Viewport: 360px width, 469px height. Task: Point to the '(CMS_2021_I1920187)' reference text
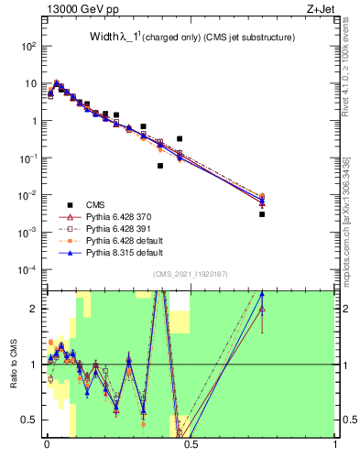[x=191, y=273]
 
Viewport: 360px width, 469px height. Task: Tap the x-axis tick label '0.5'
[x=191, y=446]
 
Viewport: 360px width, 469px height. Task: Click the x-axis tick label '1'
[x=335, y=446]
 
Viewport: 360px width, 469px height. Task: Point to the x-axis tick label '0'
[x=46, y=446]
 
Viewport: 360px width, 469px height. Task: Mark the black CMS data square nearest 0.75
[x=262, y=214]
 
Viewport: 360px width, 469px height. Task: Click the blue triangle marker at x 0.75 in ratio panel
[x=262, y=294]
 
